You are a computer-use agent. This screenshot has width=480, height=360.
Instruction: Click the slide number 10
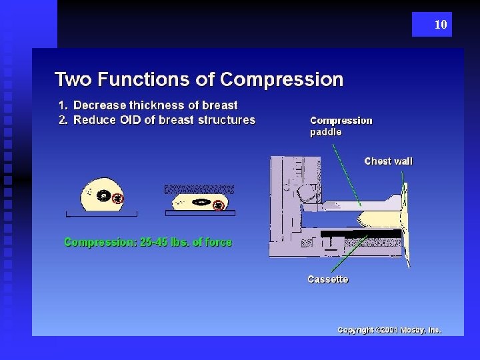pos(440,25)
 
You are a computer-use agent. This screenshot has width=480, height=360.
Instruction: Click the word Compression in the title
pos(281,80)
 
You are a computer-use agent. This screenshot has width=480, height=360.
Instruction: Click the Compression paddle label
pos(341,126)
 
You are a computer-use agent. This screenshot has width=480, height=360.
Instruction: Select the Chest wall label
pos(388,161)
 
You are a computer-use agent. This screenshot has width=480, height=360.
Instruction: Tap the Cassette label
pos(327,279)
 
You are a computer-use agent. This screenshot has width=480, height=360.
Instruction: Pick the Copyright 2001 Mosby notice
pos(389,330)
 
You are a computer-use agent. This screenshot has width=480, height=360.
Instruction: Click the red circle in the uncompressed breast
pos(118,198)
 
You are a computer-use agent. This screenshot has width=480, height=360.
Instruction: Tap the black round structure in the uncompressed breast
pos(103,196)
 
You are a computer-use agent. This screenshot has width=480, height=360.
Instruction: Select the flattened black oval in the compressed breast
pos(201,201)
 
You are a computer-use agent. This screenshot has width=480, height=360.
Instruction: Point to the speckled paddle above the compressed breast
pos(199,189)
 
